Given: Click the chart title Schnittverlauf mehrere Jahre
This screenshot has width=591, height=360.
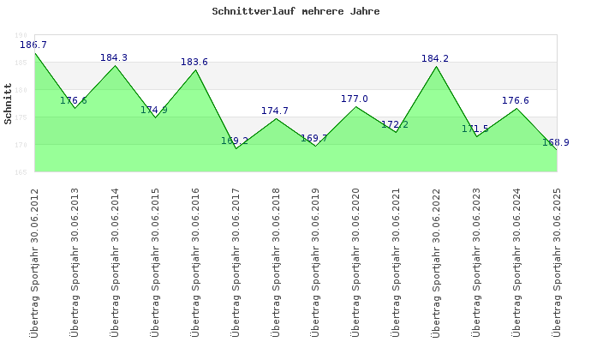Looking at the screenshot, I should coord(295,12).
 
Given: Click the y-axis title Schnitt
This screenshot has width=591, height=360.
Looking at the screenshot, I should coord(8,104).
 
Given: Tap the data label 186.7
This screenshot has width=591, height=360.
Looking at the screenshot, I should coord(33,45).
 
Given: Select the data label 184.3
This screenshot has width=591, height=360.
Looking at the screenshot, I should coord(114,58).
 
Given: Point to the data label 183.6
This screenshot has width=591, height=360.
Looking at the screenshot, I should coord(194,63).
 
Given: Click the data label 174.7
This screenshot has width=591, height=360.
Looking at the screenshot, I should coord(275,111).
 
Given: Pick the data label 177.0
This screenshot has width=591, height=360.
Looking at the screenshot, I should coord(355,99).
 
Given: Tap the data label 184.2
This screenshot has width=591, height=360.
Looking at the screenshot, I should coord(435,59).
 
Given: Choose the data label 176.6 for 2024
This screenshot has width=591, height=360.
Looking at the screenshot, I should coord(516,101).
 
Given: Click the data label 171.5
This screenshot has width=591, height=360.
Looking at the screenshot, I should coord(475,129).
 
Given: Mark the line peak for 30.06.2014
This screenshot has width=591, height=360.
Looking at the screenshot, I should coord(115,66).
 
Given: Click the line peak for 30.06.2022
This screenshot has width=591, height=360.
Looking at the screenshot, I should coord(436,66).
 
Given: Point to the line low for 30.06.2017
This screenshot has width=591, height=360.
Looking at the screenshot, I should coord(236,148).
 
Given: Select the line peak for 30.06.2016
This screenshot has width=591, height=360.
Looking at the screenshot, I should coord(195,69).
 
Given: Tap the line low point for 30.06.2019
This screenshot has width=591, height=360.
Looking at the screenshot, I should coord(315,146).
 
